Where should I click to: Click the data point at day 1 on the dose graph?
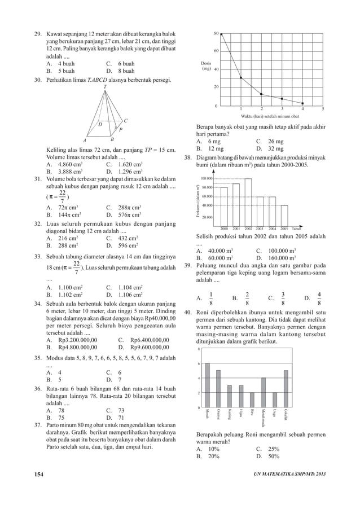click(x=241, y=78)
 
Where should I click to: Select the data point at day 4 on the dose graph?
click(x=302, y=103)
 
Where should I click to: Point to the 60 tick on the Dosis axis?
click(x=216, y=51)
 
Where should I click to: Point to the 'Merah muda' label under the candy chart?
click(x=264, y=419)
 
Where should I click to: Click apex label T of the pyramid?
click(x=105, y=86)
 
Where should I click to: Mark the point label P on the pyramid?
click(x=121, y=130)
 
